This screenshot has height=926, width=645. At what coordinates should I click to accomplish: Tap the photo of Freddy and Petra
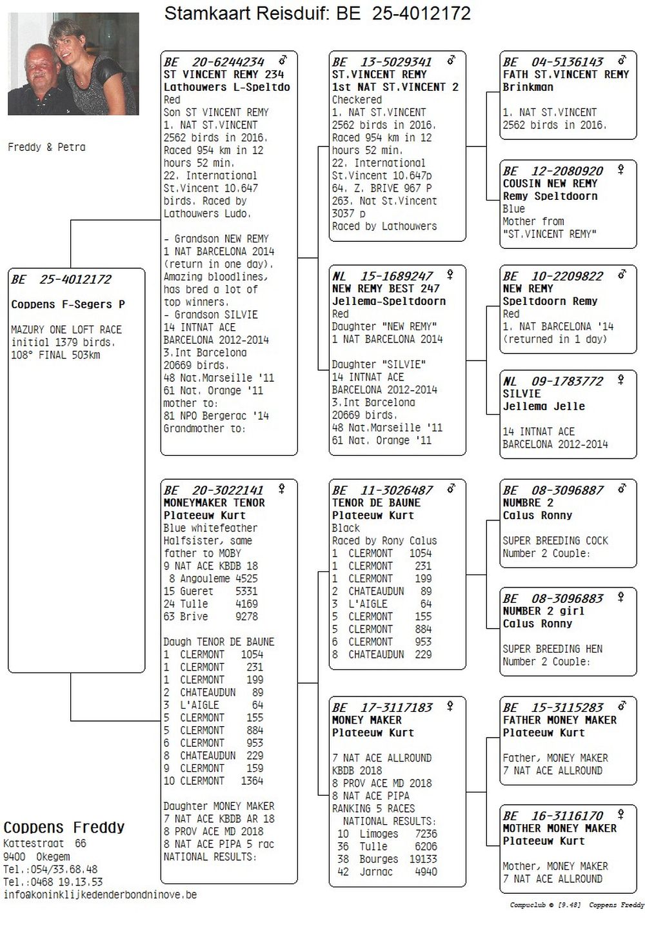click(x=74, y=63)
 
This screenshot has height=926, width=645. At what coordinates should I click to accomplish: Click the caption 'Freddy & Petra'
click(x=46, y=147)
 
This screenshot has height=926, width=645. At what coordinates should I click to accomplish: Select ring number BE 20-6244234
click(x=214, y=62)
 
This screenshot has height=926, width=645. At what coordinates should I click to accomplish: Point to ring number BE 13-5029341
click(x=382, y=62)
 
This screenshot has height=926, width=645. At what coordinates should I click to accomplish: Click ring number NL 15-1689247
click(x=382, y=276)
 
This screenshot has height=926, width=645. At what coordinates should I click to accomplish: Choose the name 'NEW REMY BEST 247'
click(x=385, y=288)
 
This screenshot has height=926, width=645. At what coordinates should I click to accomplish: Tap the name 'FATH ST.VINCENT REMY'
click(x=565, y=74)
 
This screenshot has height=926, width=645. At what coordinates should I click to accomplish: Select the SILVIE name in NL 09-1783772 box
click(x=521, y=393)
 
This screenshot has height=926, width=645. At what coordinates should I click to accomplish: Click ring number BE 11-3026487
click(x=382, y=490)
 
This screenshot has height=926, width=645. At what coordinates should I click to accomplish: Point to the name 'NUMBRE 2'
click(x=528, y=502)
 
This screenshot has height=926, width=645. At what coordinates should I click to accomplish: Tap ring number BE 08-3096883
click(x=553, y=598)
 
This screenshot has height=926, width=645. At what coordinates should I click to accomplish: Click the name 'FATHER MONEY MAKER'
click(x=559, y=720)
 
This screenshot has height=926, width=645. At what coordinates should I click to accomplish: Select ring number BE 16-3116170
click(x=553, y=816)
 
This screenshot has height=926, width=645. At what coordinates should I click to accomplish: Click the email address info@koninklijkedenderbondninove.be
click(x=100, y=895)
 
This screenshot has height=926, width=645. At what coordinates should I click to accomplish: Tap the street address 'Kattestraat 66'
click(x=45, y=843)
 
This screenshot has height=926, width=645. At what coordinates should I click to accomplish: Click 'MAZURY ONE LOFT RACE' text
click(x=66, y=330)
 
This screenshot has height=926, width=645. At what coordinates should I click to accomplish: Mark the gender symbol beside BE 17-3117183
click(x=450, y=706)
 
